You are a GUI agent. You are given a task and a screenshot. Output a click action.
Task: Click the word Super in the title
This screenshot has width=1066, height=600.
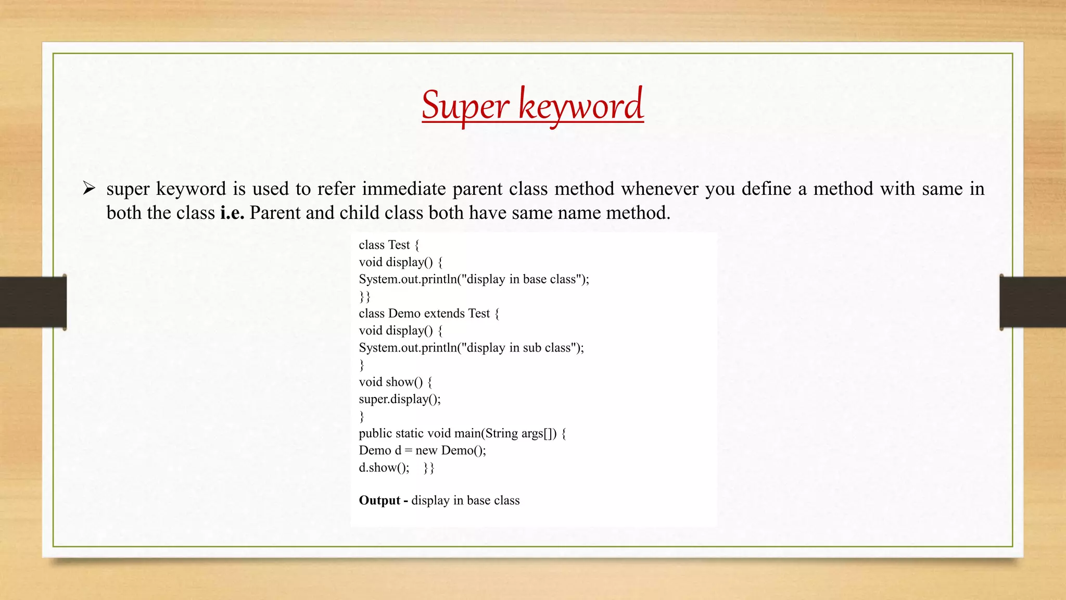coord(464,106)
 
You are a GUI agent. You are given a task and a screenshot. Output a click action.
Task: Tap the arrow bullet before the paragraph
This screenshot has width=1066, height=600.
coord(89,189)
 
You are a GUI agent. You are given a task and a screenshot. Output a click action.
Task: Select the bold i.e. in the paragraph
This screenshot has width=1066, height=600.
coord(232,213)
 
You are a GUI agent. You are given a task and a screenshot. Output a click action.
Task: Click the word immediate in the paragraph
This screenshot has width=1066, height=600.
coord(404,189)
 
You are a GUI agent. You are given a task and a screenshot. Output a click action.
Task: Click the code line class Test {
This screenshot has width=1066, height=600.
coord(389,245)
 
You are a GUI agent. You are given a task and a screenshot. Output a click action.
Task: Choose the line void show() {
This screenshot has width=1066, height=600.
coord(395,382)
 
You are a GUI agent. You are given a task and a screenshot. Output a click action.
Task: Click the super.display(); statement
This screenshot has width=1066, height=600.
coord(399,399)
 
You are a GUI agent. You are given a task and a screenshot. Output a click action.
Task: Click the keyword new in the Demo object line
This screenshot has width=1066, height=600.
coord(426,451)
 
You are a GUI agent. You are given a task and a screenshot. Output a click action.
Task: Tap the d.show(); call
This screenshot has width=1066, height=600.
coord(384,468)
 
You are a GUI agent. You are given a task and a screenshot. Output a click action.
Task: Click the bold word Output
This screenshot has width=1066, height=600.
coord(379,501)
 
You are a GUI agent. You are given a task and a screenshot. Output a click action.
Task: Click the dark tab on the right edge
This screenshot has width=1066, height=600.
coord(1032,302)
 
